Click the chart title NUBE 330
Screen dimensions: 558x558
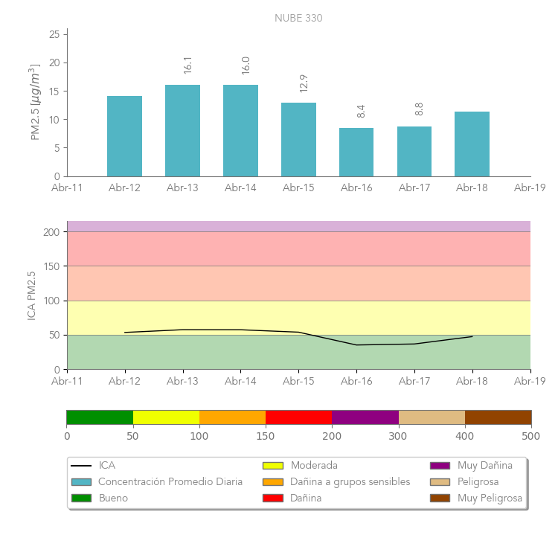coord(298,18)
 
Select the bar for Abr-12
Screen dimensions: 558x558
coord(124,136)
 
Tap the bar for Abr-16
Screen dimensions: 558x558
coord(356,152)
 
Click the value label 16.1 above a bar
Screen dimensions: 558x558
coord(187,65)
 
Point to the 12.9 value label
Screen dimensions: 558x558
coord(304,83)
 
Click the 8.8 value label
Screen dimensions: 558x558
coord(419,109)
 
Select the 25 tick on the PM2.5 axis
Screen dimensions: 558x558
coord(54,34)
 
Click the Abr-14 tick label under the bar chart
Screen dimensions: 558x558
coord(240,188)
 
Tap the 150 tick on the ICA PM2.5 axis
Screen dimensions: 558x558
coord(51,266)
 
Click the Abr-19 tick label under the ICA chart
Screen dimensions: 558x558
coord(530,381)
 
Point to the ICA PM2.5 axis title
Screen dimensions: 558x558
coord(31,295)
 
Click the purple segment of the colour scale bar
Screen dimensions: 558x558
coord(365,417)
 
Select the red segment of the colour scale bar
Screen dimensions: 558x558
coord(298,417)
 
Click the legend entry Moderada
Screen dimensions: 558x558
coord(313,466)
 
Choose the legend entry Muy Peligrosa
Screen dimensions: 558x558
coord(490,498)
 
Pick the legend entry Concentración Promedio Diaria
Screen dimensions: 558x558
coord(170,482)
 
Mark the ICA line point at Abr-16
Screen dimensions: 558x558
coord(356,344)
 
